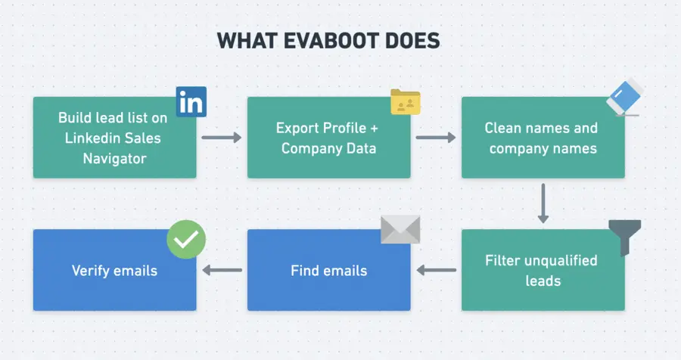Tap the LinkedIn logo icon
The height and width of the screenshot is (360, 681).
tap(191, 102)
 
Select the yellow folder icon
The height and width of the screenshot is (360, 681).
tap(405, 102)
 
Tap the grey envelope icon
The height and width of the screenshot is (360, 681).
tap(400, 229)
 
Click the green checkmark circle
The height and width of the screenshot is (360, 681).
tap(186, 241)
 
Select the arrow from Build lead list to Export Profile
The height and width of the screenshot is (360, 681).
tap(221, 138)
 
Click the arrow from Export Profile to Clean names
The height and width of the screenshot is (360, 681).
tap(436, 138)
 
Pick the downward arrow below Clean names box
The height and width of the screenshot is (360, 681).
tap(543, 203)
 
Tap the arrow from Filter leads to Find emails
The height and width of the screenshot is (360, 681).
tap(437, 270)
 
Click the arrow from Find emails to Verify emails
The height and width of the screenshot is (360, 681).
tap(222, 270)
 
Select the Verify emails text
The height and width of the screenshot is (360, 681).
tap(114, 270)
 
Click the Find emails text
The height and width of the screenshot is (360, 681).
tap(328, 270)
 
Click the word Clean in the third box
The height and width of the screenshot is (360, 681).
tap(503, 128)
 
